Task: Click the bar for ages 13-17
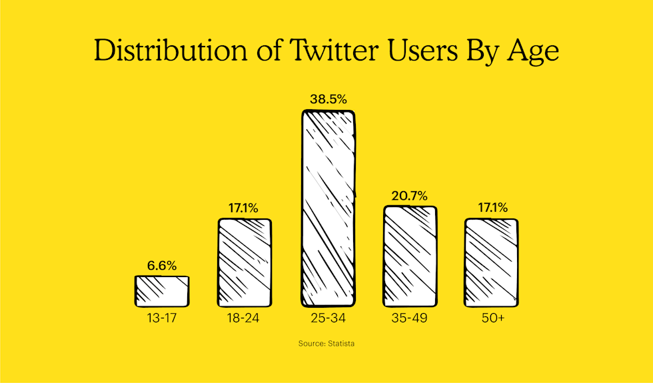click(x=162, y=291)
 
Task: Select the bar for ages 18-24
click(x=245, y=262)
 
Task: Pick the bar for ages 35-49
click(x=410, y=256)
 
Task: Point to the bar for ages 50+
click(x=492, y=262)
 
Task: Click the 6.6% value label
click(x=162, y=266)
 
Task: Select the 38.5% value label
click(x=328, y=99)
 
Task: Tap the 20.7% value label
click(x=410, y=196)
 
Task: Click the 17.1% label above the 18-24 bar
click(x=245, y=208)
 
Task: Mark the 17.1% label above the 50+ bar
click(x=492, y=208)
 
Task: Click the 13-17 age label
click(x=162, y=318)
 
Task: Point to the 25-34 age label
click(x=328, y=318)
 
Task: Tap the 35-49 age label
click(x=410, y=318)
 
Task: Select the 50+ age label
click(x=492, y=318)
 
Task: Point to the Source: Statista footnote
click(x=326, y=344)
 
